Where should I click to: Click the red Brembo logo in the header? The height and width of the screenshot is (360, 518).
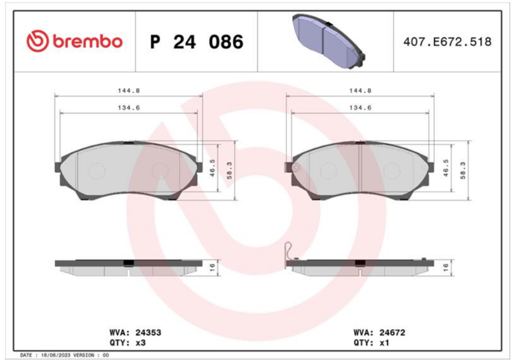[x=74, y=41]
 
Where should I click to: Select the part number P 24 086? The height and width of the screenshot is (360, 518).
[x=197, y=42]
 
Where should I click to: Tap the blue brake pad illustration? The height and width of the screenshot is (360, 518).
[x=328, y=41]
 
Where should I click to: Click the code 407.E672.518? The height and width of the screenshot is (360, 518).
[x=447, y=42]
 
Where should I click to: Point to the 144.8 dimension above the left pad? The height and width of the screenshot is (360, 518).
[x=129, y=91]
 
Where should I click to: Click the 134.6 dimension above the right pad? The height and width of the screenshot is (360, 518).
[x=361, y=107]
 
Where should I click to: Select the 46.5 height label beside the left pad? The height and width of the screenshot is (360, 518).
[x=212, y=168]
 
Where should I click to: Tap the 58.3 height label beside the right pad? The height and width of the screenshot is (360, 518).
[x=463, y=170]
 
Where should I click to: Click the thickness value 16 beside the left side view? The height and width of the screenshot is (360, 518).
[x=212, y=267]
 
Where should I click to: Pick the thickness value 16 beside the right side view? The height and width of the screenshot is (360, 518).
[x=445, y=267]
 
